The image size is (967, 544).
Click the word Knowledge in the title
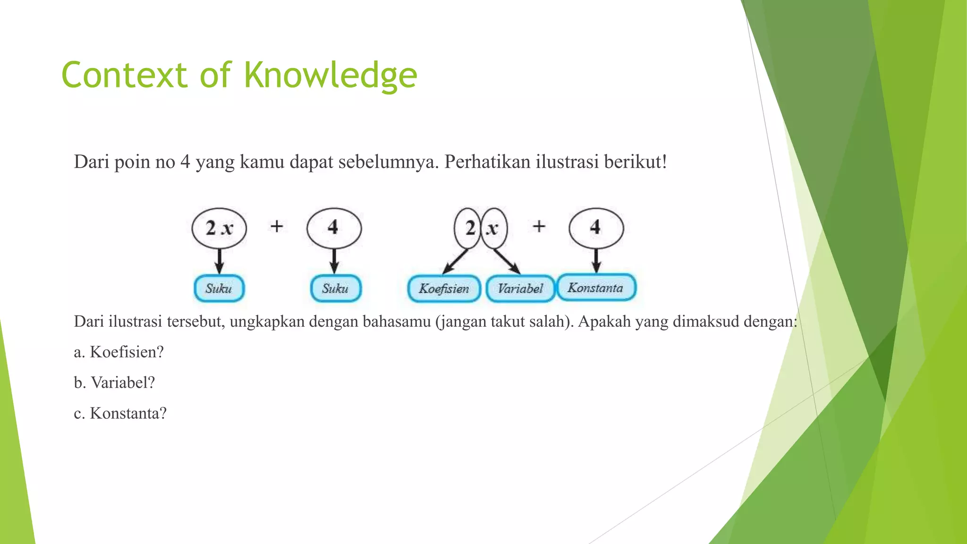tap(330, 76)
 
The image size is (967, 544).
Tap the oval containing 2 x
tap(219, 228)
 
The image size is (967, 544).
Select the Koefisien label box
tap(444, 289)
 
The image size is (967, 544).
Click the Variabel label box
tap(520, 289)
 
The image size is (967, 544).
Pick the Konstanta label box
tap(596, 288)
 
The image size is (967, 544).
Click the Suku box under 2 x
tap(219, 289)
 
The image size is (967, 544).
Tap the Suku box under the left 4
tap(335, 289)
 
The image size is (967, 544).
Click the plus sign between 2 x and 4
tap(277, 227)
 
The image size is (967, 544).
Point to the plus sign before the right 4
tap(539, 227)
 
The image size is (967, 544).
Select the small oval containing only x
tap(494, 229)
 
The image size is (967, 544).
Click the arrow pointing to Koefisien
tap(455, 261)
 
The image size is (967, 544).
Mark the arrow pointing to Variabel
tap(507, 261)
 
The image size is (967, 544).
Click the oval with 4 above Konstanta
tap(596, 228)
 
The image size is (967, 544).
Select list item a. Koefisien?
tap(119, 352)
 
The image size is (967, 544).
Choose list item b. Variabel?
tap(114, 382)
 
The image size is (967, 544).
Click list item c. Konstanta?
tap(120, 413)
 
